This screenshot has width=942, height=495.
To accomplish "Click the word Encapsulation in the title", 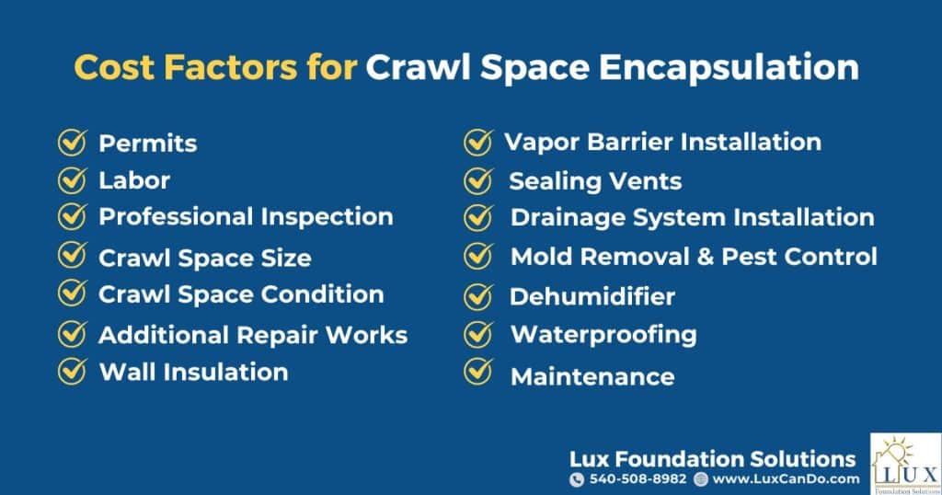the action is (x=729, y=67).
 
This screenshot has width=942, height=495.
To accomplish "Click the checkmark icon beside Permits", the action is (x=73, y=143).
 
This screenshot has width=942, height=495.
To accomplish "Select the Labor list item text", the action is (x=134, y=180).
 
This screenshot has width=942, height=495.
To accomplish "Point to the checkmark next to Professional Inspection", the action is (x=73, y=216).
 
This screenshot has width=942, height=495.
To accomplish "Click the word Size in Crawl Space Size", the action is (x=286, y=258).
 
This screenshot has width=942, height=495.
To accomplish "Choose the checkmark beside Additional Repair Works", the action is (x=73, y=334).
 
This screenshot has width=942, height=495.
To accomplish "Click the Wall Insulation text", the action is (x=193, y=372).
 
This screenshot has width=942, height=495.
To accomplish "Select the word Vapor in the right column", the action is (x=542, y=143).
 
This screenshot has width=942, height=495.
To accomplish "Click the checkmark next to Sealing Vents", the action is (x=478, y=181).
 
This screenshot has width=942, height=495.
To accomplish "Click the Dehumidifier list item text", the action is (x=592, y=296).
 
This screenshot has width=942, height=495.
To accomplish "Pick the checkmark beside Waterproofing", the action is (x=478, y=334).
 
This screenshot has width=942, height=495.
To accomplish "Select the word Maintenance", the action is (x=592, y=376).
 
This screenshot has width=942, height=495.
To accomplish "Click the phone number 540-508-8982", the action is (x=638, y=478).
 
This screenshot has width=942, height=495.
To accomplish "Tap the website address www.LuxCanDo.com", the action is (x=786, y=478).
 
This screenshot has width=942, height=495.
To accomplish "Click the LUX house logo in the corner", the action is (x=906, y=464).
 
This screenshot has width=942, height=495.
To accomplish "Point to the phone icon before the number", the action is (x=577, y=479).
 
